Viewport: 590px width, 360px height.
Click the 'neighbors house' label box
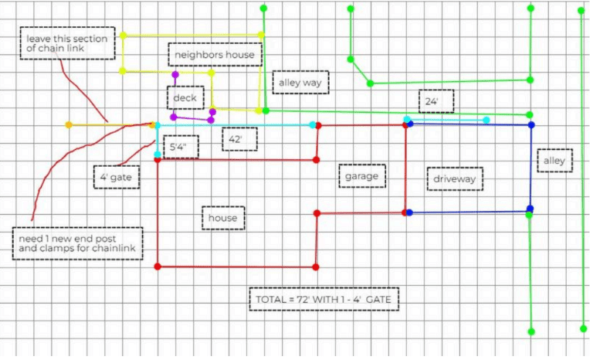pyautogui.click(x=215, y=55)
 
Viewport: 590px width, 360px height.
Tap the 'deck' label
pyautogui.click(x=185, y=98)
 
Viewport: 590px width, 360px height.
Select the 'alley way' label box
pyautogui.click(x=300, y=83)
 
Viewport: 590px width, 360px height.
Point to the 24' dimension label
pyautogui.click(x=436, y=101)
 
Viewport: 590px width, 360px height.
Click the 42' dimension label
pyautogui.click(x=239, y=139)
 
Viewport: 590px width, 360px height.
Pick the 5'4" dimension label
pyautogui.click(x=181, y=147)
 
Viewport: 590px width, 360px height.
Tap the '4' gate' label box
pyautogui.click(x=117, y=177)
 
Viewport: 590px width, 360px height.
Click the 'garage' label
pyautogui.click(x=362, y=176)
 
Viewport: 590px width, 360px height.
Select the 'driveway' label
pyautogui.click(x=455, y=179)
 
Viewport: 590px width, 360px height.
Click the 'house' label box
pyautogui.click(x=223, y=218)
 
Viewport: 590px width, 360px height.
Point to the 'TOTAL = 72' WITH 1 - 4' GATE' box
pyautogui.click(x=324, y=300)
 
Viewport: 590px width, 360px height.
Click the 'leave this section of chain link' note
pyautogui.click(x=67, y=43)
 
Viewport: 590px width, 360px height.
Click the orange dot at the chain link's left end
pyautogui.click(x=69, y=124)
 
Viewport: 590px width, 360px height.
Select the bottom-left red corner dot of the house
pyautogui.click(x=158, y=267)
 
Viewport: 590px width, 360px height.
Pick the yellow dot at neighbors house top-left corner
pyautogui.click(x=123, y=36)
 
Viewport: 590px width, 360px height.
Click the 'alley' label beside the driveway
pyautogui.click(x=554, y=161)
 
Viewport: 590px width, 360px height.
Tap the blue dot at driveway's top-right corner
pyautogui.click(x=531, y=124)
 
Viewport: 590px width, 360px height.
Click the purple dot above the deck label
pyautogui.click(x=175, y=75)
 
